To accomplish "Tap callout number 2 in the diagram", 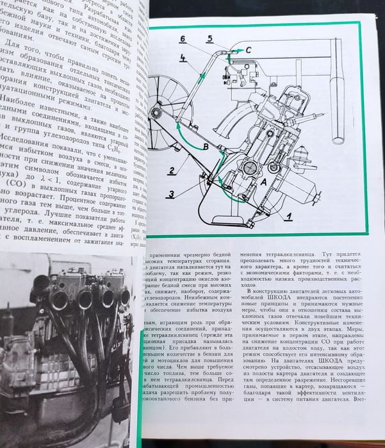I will click(x=172, y=170).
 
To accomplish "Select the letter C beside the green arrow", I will click(x=249, y=49).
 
